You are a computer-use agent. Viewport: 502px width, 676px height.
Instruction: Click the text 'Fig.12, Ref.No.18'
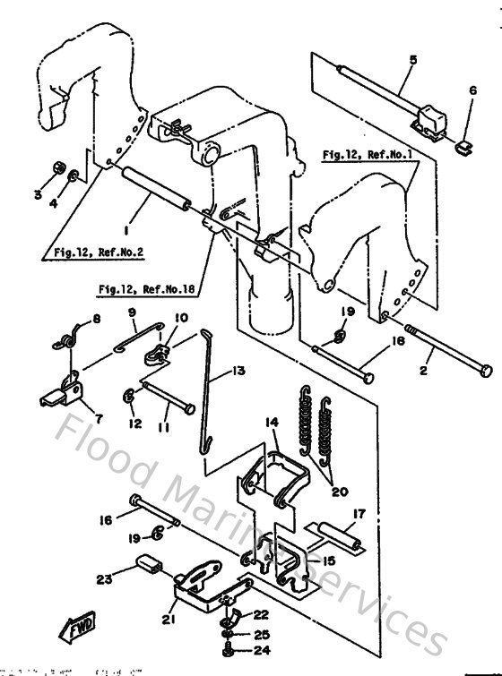[148, 289]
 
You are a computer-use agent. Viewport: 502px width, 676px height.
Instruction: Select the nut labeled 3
[54, 167]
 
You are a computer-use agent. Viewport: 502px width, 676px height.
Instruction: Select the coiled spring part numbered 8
[65, 338]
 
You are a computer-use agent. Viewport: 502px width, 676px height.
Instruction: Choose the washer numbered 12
[130, 393]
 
